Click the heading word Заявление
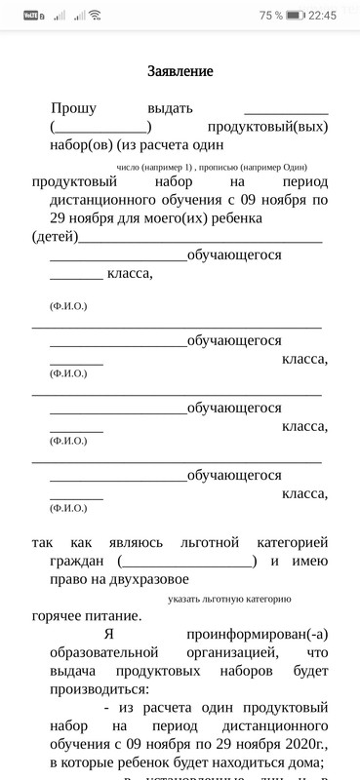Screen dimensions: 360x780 tap(180, 71)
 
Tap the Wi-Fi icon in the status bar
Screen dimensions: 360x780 tap(95, 16)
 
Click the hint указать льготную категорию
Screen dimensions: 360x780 tap(229, 598)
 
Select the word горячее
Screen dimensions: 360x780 tap(67, 615)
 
